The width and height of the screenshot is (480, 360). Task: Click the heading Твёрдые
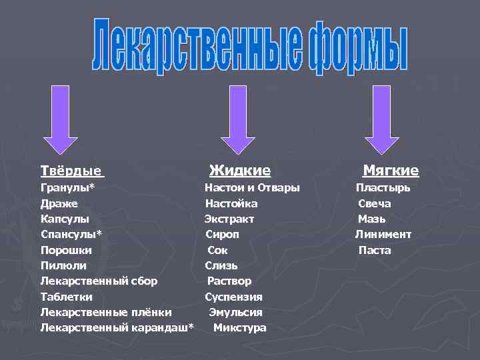pos(71,171)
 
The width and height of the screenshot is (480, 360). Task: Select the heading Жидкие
pos(239,171)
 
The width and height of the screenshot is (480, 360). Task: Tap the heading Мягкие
pos(391,171)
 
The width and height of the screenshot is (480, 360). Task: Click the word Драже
pos(59,203)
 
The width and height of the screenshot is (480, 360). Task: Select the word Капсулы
pos(65,219)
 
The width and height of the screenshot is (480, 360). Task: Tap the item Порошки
pos(66,250)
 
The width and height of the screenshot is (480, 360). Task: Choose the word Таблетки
pos(67,297)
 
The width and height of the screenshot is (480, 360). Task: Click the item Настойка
pos(231,203)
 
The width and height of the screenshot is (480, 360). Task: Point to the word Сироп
pos(222,235)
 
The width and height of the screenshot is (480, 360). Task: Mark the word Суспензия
pos(233,297)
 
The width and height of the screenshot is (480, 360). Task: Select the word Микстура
pos(239,328)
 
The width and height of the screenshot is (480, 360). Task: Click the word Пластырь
pos(383,188)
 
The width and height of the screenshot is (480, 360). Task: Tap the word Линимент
pos(383,235)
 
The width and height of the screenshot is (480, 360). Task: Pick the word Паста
pos(375,251)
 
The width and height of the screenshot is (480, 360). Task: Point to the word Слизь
pos(221,265)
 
